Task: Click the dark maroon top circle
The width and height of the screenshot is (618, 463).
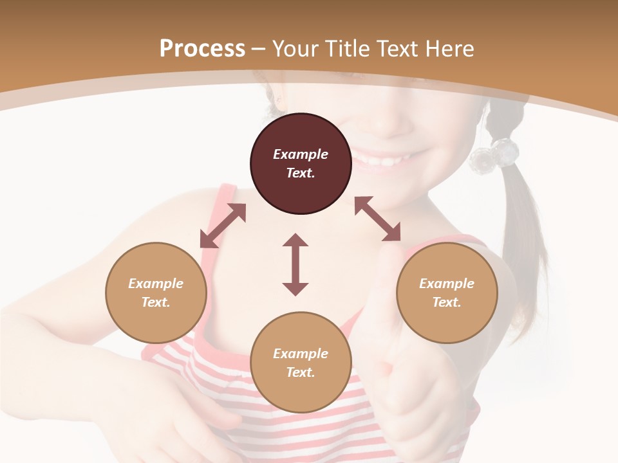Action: pyautogui.click(x=301, y=164)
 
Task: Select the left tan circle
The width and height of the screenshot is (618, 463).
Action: pyautogui.click(x=156, y=293)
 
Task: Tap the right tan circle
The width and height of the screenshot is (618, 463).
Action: pyautogui.click(x=447, y=293)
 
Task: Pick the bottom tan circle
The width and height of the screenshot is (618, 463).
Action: pyautogui.click(x=301, y=363)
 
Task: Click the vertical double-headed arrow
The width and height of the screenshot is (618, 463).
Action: pyautogui.click(x=295, y=264)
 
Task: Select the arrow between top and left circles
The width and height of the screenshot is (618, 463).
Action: pyautogui.click(x=223, y=226)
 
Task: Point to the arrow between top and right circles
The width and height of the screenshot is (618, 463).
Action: pyautogui.click(x=377, y=219)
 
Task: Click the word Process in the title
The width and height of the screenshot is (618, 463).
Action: pyautogui.click(x=202, y=49)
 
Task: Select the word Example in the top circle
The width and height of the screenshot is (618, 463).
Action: pyautogui.click(x=301, y=154)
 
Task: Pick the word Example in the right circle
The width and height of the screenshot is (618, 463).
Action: pyautogui.click(x=447, y=284)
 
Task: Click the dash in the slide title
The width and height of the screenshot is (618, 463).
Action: pyautogui.click(x=259, y=49)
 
